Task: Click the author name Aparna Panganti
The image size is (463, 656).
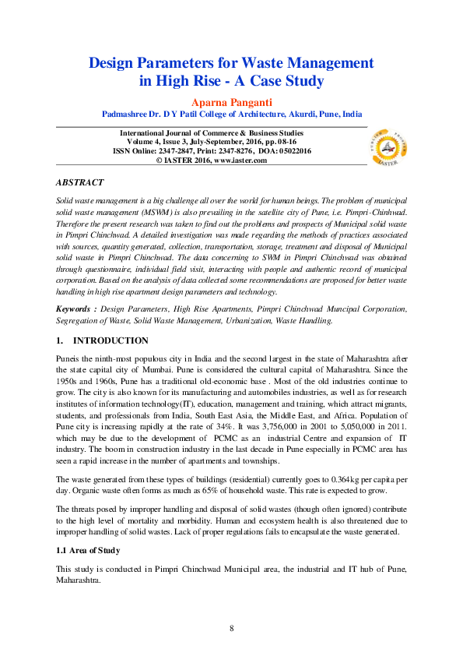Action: (x=231, y=101)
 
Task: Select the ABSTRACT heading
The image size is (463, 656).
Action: (x=79, y=182)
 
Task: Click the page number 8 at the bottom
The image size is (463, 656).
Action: (x=231, y=628)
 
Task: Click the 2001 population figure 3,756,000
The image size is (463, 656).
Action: (x=303, y=429)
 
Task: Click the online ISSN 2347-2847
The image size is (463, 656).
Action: (x=183, y=151)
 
